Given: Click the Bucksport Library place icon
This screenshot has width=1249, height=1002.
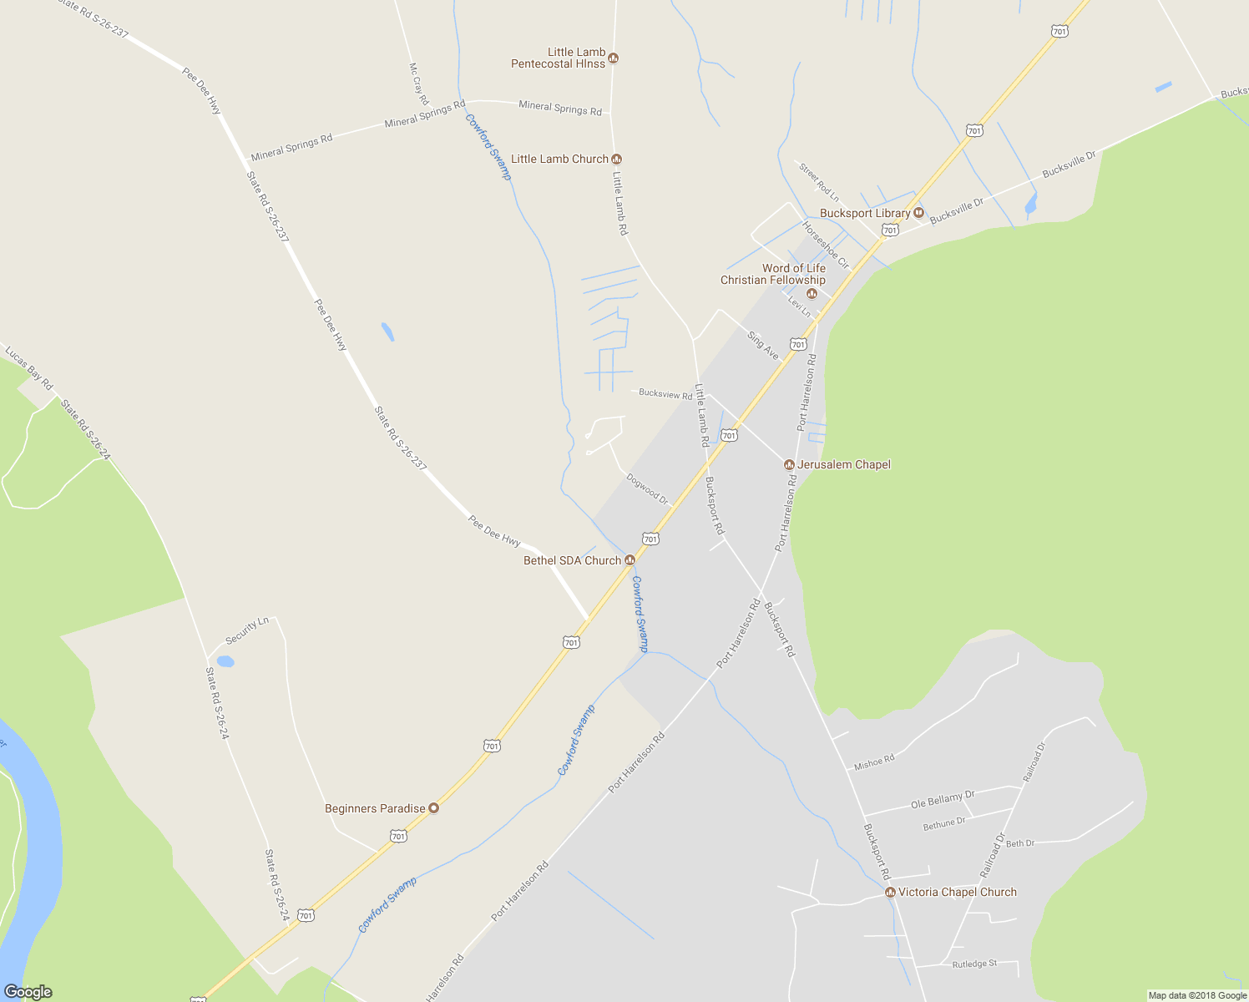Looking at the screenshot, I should (919, 213).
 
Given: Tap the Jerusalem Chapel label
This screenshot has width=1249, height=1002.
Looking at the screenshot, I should (844, 464).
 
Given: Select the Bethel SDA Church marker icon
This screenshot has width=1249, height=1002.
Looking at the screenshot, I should (630, 560).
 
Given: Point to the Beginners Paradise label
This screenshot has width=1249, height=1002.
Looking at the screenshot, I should (375, 808).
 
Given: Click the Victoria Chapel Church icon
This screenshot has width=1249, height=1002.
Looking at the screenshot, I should (890, 893).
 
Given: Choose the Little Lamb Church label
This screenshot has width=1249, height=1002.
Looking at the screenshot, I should (559, 159).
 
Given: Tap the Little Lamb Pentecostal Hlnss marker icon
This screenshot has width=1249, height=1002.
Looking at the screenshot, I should (614, 58).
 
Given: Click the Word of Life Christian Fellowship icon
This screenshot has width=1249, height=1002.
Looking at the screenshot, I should (812, 293).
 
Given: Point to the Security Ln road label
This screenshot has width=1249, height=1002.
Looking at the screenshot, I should (247, 630).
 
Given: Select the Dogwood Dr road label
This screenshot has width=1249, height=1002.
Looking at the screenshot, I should (648, 489).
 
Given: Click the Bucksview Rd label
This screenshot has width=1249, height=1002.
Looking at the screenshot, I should (665, 394).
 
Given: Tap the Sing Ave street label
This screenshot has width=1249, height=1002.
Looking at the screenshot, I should (763, 346).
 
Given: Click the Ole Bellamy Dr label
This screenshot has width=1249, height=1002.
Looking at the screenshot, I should (943, 800).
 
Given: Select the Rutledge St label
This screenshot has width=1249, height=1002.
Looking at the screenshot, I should (974, 964).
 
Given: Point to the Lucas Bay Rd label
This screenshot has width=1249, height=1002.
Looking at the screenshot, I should (29, 368).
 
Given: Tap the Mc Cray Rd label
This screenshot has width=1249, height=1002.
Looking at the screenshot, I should (418, 83).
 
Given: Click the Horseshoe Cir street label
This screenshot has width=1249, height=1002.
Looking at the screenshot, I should (826, 245).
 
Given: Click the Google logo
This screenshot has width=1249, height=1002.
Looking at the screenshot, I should (28, 992).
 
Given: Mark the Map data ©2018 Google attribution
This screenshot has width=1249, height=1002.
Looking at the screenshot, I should (1197, 995).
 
